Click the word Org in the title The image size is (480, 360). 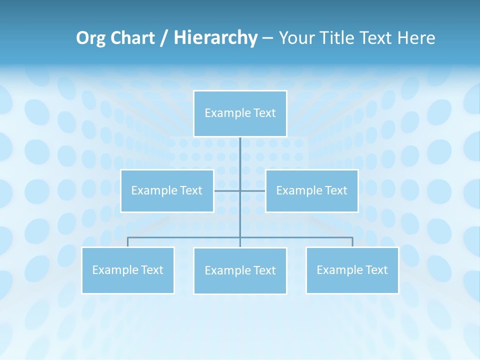tap(91, 38)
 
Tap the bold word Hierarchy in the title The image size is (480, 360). tap(215, 38)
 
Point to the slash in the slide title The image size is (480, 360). tap(164, 38)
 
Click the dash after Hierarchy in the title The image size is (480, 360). tap(267, 38)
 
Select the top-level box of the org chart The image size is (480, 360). tap(240, 113)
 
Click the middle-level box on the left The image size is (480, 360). tap(167, 190)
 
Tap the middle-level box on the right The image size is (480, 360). tap(311, 190)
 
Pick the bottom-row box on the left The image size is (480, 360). tap(128, 270)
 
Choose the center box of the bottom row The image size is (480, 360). tap(240, 270)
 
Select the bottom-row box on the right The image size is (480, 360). tap(352, 270)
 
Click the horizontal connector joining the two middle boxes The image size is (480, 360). tap(228, 190)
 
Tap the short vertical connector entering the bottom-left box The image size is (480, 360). tap(128, 242)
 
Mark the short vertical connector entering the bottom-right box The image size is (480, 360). tap(352, 242)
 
